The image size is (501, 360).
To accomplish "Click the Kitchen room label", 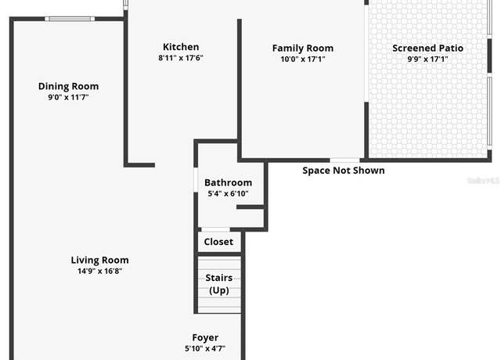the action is pos(181,47).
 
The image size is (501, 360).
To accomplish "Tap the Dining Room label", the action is pos(68,86).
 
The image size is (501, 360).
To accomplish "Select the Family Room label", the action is pos(303,49).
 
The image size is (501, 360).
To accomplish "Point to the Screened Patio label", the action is pos(428,49).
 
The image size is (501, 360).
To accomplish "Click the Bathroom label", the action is pos(228,182).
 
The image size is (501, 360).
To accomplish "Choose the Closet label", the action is pos(218,242).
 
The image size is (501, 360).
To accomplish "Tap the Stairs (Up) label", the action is pos(219,284).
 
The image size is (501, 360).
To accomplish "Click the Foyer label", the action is pos(205,337).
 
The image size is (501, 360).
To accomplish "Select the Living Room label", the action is pos(100,260).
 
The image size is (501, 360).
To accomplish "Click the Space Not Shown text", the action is pos(344,171).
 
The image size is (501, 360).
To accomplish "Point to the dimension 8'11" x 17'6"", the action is pos(181,58).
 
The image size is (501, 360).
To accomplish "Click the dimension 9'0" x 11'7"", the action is pos(68,97).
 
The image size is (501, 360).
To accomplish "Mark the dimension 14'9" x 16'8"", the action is pos(100,271).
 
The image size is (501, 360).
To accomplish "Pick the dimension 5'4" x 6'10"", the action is pos(228,193).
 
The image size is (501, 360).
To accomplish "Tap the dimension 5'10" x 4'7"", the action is pos(205,348).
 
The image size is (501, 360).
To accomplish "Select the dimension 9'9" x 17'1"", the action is pos(428,59).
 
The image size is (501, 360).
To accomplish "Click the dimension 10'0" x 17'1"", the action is pos(303,59).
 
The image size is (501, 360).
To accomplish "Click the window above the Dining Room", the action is pos(70,19).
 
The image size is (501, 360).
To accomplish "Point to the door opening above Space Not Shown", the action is pos(344,160).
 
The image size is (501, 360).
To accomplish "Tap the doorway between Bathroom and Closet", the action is pos(216,229).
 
